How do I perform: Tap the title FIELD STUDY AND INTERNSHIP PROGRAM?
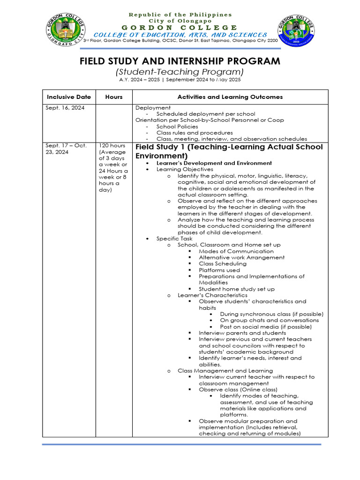click(x=180, y=61)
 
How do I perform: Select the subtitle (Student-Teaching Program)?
click(x=180, y=72)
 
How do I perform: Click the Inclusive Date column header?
click(x=69, y=97)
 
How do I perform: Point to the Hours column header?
click(x=114, y=97)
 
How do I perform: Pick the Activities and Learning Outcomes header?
click(x=230, y=97)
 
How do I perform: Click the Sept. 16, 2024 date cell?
click(x=64, y=108)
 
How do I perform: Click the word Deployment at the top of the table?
click(x=153, y=108)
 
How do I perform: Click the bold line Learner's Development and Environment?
click(x=214, y=163)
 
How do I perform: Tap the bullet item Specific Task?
click(x=174, y=239)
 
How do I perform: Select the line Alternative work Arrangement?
click(x=241, y=257)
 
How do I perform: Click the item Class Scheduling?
click(x=222, y=264)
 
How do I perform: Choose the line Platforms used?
click(x=219, y=270)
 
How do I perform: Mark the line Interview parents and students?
click(x=242, y=333)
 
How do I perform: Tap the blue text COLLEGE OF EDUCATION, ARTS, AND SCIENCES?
click(x=180, y=35)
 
